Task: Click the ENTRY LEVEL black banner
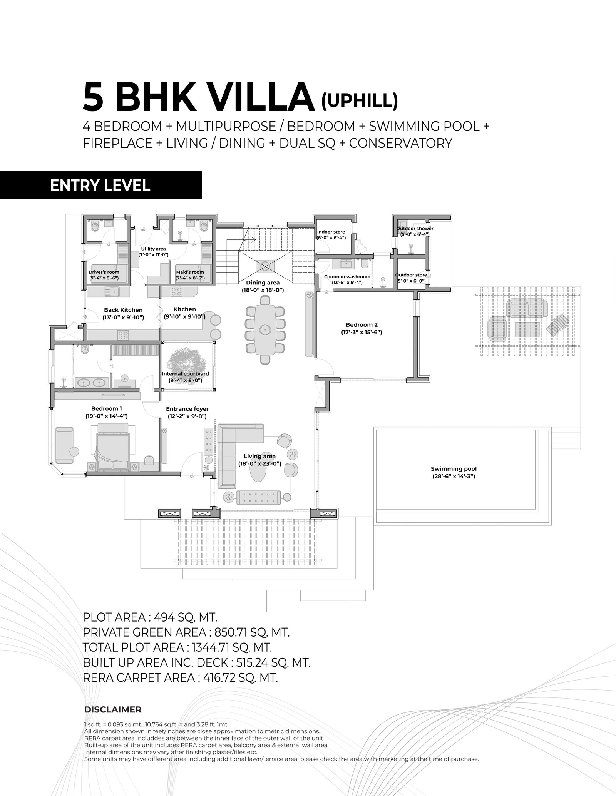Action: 100,185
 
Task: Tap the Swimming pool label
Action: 454,469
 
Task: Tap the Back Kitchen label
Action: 123,309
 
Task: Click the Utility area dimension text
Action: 153,255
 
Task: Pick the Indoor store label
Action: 331,232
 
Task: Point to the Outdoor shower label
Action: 415,229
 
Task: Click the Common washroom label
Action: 347,276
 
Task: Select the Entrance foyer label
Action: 187,409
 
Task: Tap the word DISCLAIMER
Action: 113,709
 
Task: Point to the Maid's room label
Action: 190,272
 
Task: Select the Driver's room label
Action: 104,272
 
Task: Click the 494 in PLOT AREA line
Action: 164,618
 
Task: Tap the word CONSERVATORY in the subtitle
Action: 400,143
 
